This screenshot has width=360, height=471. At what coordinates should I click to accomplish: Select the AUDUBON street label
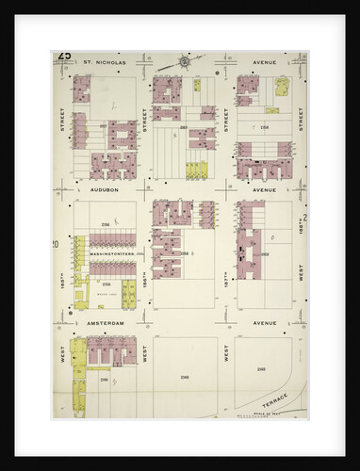104,189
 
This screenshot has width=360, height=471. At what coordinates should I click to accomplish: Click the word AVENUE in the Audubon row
264,189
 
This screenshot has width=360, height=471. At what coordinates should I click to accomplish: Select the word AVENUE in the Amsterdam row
264,323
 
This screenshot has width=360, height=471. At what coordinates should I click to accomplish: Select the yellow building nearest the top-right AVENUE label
280,89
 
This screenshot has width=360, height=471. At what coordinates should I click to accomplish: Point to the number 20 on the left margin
57,245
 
